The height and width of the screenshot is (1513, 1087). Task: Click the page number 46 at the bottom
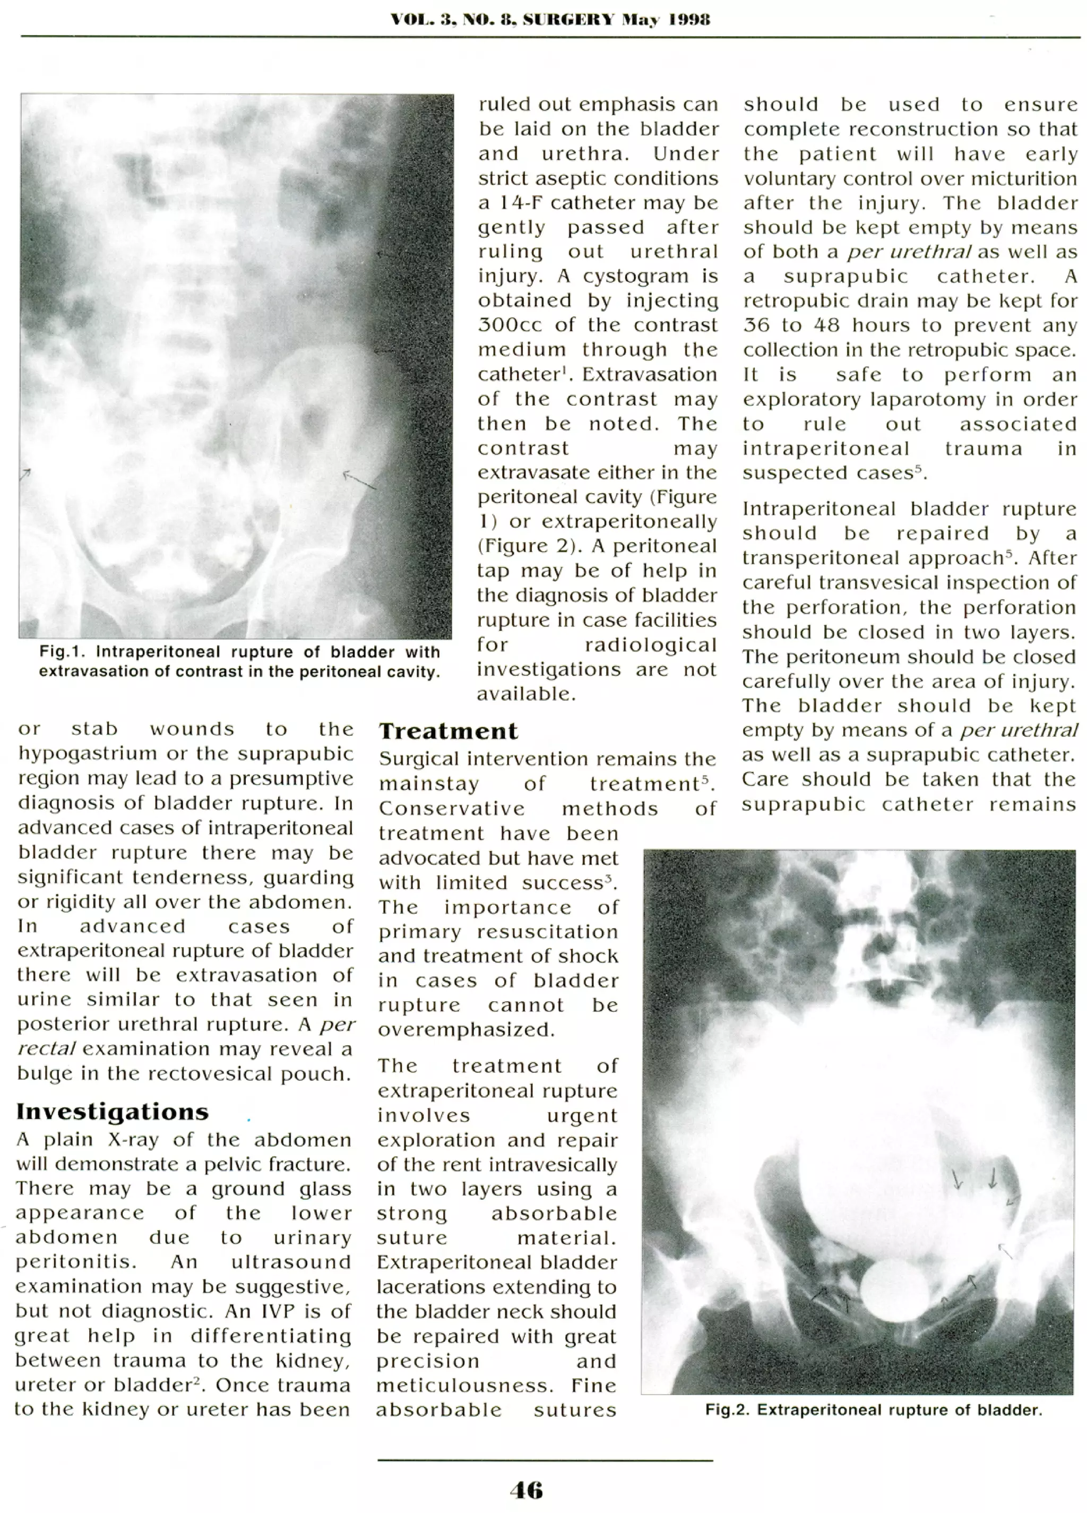pos(526,1490)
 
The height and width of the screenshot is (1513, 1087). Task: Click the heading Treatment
pos(448,731)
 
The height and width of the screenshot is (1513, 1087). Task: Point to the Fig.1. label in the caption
pos(59,652)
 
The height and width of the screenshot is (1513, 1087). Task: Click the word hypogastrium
pos(84,754)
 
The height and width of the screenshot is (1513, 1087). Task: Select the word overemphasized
pos(465,1030)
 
